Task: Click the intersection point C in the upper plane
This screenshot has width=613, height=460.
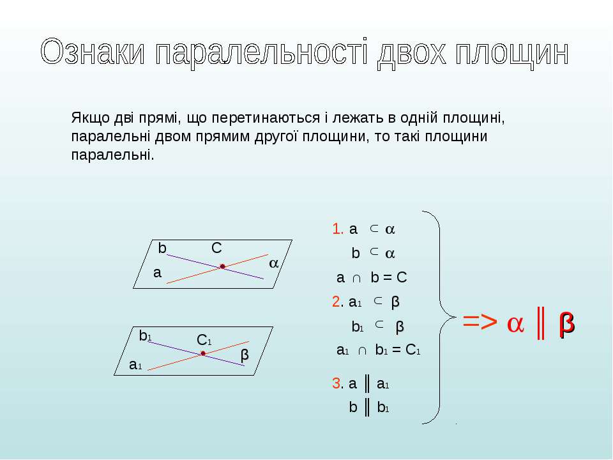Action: coord(222,266)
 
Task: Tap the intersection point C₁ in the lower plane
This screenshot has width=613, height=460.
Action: coord(203,353)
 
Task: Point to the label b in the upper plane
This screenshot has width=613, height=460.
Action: coord(162,248)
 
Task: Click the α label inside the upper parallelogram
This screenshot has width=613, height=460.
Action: coord(274,263)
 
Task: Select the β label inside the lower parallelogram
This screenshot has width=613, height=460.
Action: coord(245,355)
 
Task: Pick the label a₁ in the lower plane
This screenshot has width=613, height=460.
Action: coord(135,365)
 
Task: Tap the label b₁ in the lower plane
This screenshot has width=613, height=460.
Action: coord(145,335)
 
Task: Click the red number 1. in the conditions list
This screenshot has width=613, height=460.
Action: coord(337,229)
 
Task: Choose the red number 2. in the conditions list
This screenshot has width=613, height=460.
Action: coord(337,302)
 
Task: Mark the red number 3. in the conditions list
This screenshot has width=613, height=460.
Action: coord(337,383)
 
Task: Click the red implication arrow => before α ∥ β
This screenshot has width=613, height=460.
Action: coord(480,322)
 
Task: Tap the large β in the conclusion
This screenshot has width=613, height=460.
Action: coord(567,323)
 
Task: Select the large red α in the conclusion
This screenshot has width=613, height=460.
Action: coord(515,324)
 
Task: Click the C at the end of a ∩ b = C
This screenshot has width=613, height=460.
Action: coord(402,278)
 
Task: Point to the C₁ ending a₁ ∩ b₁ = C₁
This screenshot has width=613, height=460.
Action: coord(413,349)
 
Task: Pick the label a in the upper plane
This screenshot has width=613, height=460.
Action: coord(157,273)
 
